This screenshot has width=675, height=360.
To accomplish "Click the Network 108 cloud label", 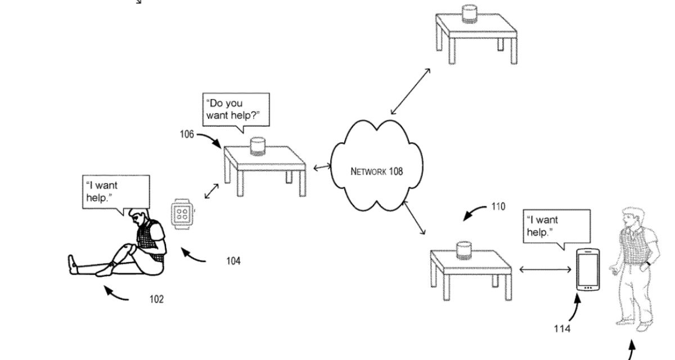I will coord(376,172).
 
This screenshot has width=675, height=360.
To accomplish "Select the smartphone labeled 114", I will coord(587,270).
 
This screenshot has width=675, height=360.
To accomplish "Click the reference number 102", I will coord(156,299).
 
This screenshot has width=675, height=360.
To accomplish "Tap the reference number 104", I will coord(233,261).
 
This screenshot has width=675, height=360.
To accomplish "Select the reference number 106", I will coord(187,134).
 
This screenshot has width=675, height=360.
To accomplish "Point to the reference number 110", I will coord(498,206).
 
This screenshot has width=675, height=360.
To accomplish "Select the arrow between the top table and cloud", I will coord(411,91).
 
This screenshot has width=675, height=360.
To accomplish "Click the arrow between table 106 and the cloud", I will coord(322,167).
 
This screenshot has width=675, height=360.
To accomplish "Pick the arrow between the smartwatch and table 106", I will coord(211,190).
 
